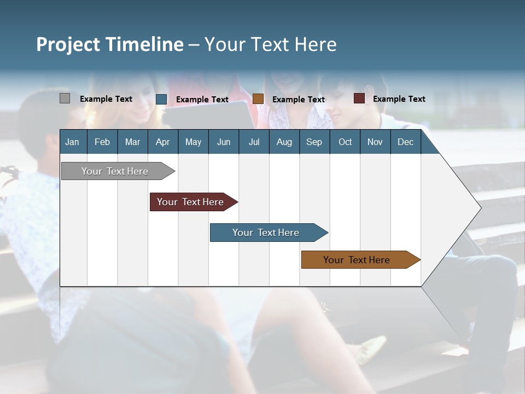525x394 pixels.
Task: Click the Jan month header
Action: pyautogui.click(x=72, y=142)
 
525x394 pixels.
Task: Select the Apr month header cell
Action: pyautogui.click(x=162, y=142)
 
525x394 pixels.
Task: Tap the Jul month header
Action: pyautogui.click(x=254, y=142)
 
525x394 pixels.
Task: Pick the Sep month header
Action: pyautogui.click(x=314, y=142)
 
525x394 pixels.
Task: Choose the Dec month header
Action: pyautogui.click(x=405, y=142)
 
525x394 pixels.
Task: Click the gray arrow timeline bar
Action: pyautogui.click(x=115, y=171)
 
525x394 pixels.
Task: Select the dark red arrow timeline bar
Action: pyautogui.click(x=190, y=202)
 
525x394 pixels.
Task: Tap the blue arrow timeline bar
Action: pyautogui.click(x=266, y=233)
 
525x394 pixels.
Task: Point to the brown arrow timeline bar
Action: pyautogui.click(x=357, y=260)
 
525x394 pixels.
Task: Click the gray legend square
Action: pyautogui.click(x=65, y=99)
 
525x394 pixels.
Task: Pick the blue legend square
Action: pyautogui.click(x=161, y=99)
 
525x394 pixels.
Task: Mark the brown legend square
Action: pyautogui.click(x=258, y=99)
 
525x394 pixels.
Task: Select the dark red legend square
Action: pyautogui.click(x=359, y=99)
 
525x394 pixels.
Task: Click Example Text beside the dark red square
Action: pyautogui.click(x=399, y=99)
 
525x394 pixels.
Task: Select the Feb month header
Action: pyautogui.click(x=102, y=142)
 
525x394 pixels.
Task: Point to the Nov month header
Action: pyautogui.click(x=375, y=142)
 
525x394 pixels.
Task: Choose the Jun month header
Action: pyautogui.click(x=224, y=142)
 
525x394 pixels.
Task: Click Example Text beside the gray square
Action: pyautogui.click(x=106, y=99)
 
